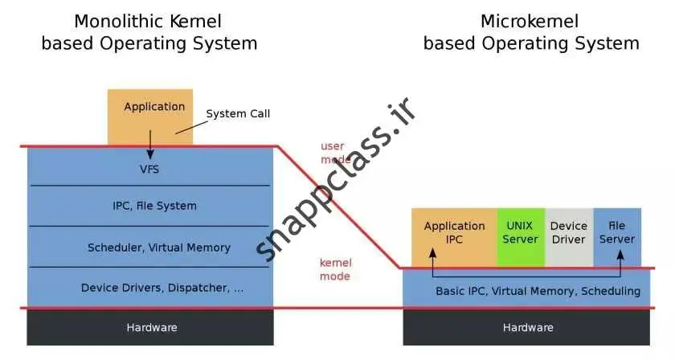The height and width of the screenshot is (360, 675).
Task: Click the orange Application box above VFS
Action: point(150,117)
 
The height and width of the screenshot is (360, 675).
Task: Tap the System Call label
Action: point(238,113)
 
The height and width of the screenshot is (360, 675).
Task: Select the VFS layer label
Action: point(149,169)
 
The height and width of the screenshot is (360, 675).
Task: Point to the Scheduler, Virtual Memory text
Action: point(158,247)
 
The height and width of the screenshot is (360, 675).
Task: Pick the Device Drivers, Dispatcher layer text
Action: point(162,288)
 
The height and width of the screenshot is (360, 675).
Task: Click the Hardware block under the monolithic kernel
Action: point(151,327)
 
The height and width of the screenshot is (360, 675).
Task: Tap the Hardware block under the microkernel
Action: point(527,327)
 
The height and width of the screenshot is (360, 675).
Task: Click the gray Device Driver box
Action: point(568,233)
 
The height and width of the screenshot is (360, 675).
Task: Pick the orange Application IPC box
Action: point(454,233)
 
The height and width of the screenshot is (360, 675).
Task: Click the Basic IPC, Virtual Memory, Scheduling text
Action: point(538,291)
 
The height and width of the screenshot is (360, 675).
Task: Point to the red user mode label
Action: point(333,153)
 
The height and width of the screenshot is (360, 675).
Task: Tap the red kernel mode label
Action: point(335,269)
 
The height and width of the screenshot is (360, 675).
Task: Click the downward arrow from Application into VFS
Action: point(150,150)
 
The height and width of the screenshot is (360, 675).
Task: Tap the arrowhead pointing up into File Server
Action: point(620,252)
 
